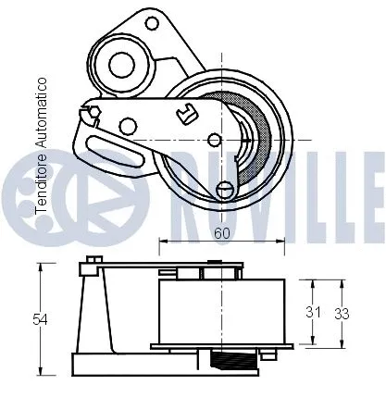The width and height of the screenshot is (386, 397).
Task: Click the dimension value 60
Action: point(222,234)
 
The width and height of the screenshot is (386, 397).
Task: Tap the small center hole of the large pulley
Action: point(215,140)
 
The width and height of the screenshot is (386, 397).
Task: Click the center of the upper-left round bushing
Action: point(118,66)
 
